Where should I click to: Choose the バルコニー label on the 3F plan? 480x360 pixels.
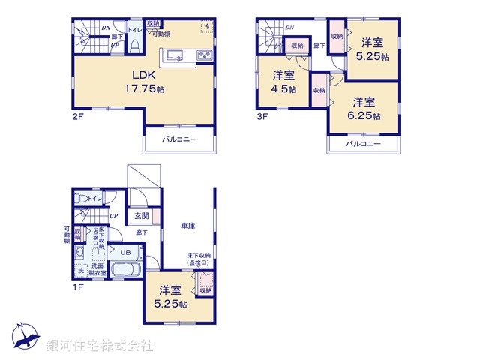[x=364, y=144]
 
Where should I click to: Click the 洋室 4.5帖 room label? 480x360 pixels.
[x=283, y=82]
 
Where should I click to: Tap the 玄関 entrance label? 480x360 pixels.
[x=142, y=216]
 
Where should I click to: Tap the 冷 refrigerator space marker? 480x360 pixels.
[x=206, y=26]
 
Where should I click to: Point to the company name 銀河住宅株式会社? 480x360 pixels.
[x=99, y=346]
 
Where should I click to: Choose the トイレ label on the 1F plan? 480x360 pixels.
[x=94, y=198]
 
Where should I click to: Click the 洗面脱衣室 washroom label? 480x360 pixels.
[x=97, y=270]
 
